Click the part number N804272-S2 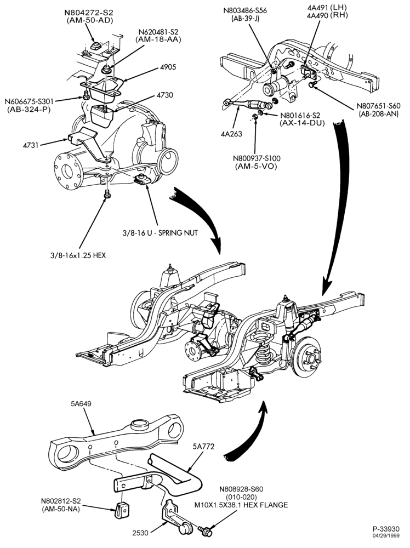click(x=89, y=13)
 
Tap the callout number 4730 click(x=164, y=95)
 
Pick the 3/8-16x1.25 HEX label click(x=77, y=255)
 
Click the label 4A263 click(x=232, y=134)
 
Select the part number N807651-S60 click(x=378, y=106)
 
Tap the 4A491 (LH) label click(x=327, y=7)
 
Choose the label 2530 click(x=140, y=533)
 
